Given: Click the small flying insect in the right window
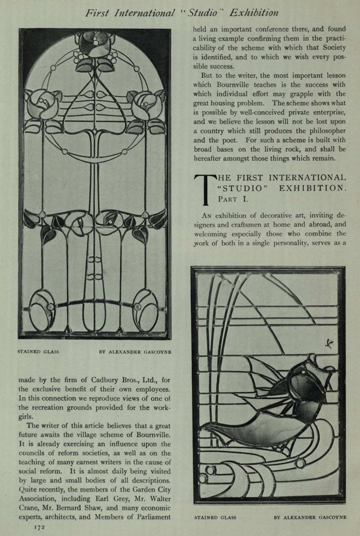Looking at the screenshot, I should point(329,342).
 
